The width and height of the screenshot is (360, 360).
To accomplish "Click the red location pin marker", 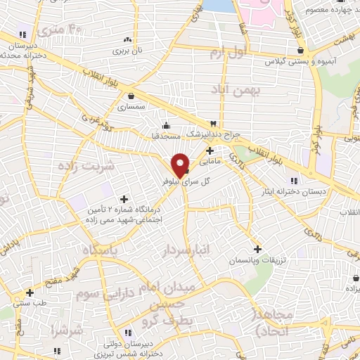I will (x=180, y=165).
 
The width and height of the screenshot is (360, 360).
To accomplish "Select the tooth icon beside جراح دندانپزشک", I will (x=213, y=123).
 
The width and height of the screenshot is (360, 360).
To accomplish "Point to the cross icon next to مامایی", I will (x=210, y=150).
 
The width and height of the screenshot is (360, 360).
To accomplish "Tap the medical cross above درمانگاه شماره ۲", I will (x=124, y=198).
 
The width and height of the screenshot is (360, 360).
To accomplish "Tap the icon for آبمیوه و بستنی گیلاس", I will (x=300, y=51).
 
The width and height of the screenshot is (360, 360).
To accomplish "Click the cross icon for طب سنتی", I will (x=30, y=292).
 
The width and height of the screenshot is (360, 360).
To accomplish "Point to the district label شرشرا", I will (x=67, y=330).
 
